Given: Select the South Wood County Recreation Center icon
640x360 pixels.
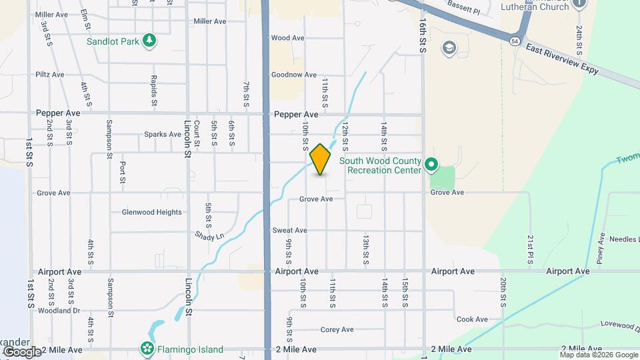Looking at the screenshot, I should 431,163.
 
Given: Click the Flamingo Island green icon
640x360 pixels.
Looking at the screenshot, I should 146,349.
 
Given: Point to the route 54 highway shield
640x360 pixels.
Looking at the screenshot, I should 515,41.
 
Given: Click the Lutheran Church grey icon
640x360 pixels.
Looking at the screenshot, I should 579,3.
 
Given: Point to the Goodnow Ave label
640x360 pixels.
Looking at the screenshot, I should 293,75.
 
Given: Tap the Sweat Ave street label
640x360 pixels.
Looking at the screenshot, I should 289,230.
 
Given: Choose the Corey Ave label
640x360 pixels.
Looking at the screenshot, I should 337,329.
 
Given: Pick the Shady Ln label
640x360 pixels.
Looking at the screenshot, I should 209,236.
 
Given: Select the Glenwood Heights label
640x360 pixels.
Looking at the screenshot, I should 151,212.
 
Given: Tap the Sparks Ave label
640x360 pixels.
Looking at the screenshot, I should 163,134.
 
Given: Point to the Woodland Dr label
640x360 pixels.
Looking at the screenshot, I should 59,311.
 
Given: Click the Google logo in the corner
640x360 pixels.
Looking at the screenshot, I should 21,351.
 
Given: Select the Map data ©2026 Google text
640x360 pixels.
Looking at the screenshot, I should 598,355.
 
